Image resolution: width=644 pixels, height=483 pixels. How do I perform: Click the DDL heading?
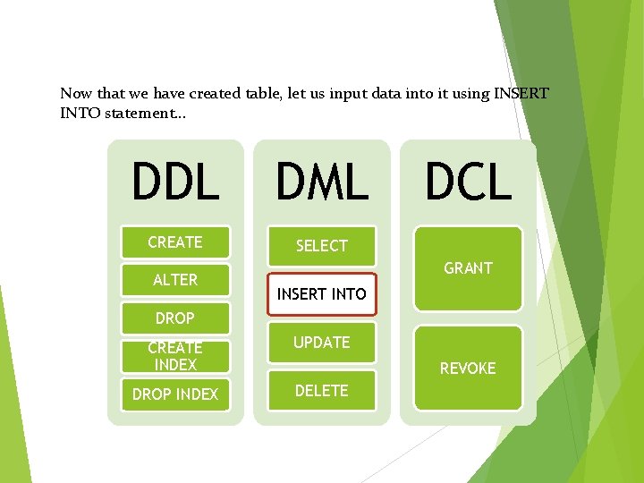tap(175, 182)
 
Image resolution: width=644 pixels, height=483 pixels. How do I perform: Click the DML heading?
tap(322, 182)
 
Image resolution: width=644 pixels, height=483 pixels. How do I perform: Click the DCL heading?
tap(468, 182)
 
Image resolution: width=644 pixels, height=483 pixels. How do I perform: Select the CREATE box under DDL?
tap(175, 242)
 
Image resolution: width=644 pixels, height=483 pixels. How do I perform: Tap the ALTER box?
tap(175, 280)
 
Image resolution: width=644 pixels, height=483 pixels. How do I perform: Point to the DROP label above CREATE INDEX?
tap(175, 318)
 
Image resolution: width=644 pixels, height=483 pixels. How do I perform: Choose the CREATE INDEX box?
tap(175, 356)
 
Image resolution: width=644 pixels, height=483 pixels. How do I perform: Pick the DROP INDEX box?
tap(175, 394)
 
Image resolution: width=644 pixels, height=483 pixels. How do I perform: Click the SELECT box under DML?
tap(322, 245)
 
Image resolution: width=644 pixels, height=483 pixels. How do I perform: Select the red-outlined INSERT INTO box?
tap(322, 293)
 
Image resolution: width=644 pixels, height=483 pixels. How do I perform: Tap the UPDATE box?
tap(322, 343)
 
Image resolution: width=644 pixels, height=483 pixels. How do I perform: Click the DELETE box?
tap(322, 391)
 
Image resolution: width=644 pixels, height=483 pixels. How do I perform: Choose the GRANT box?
tap(468, 268)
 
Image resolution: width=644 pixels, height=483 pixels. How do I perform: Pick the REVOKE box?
tap(468, 368)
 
